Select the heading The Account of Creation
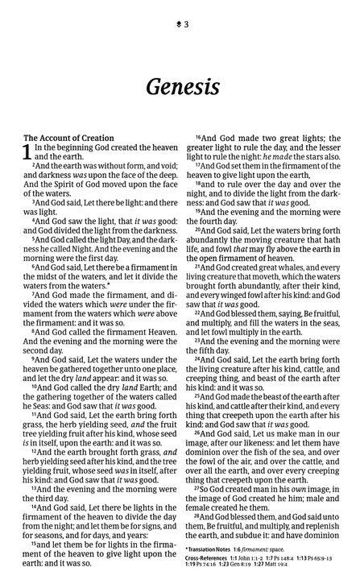[x=63, y=138]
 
